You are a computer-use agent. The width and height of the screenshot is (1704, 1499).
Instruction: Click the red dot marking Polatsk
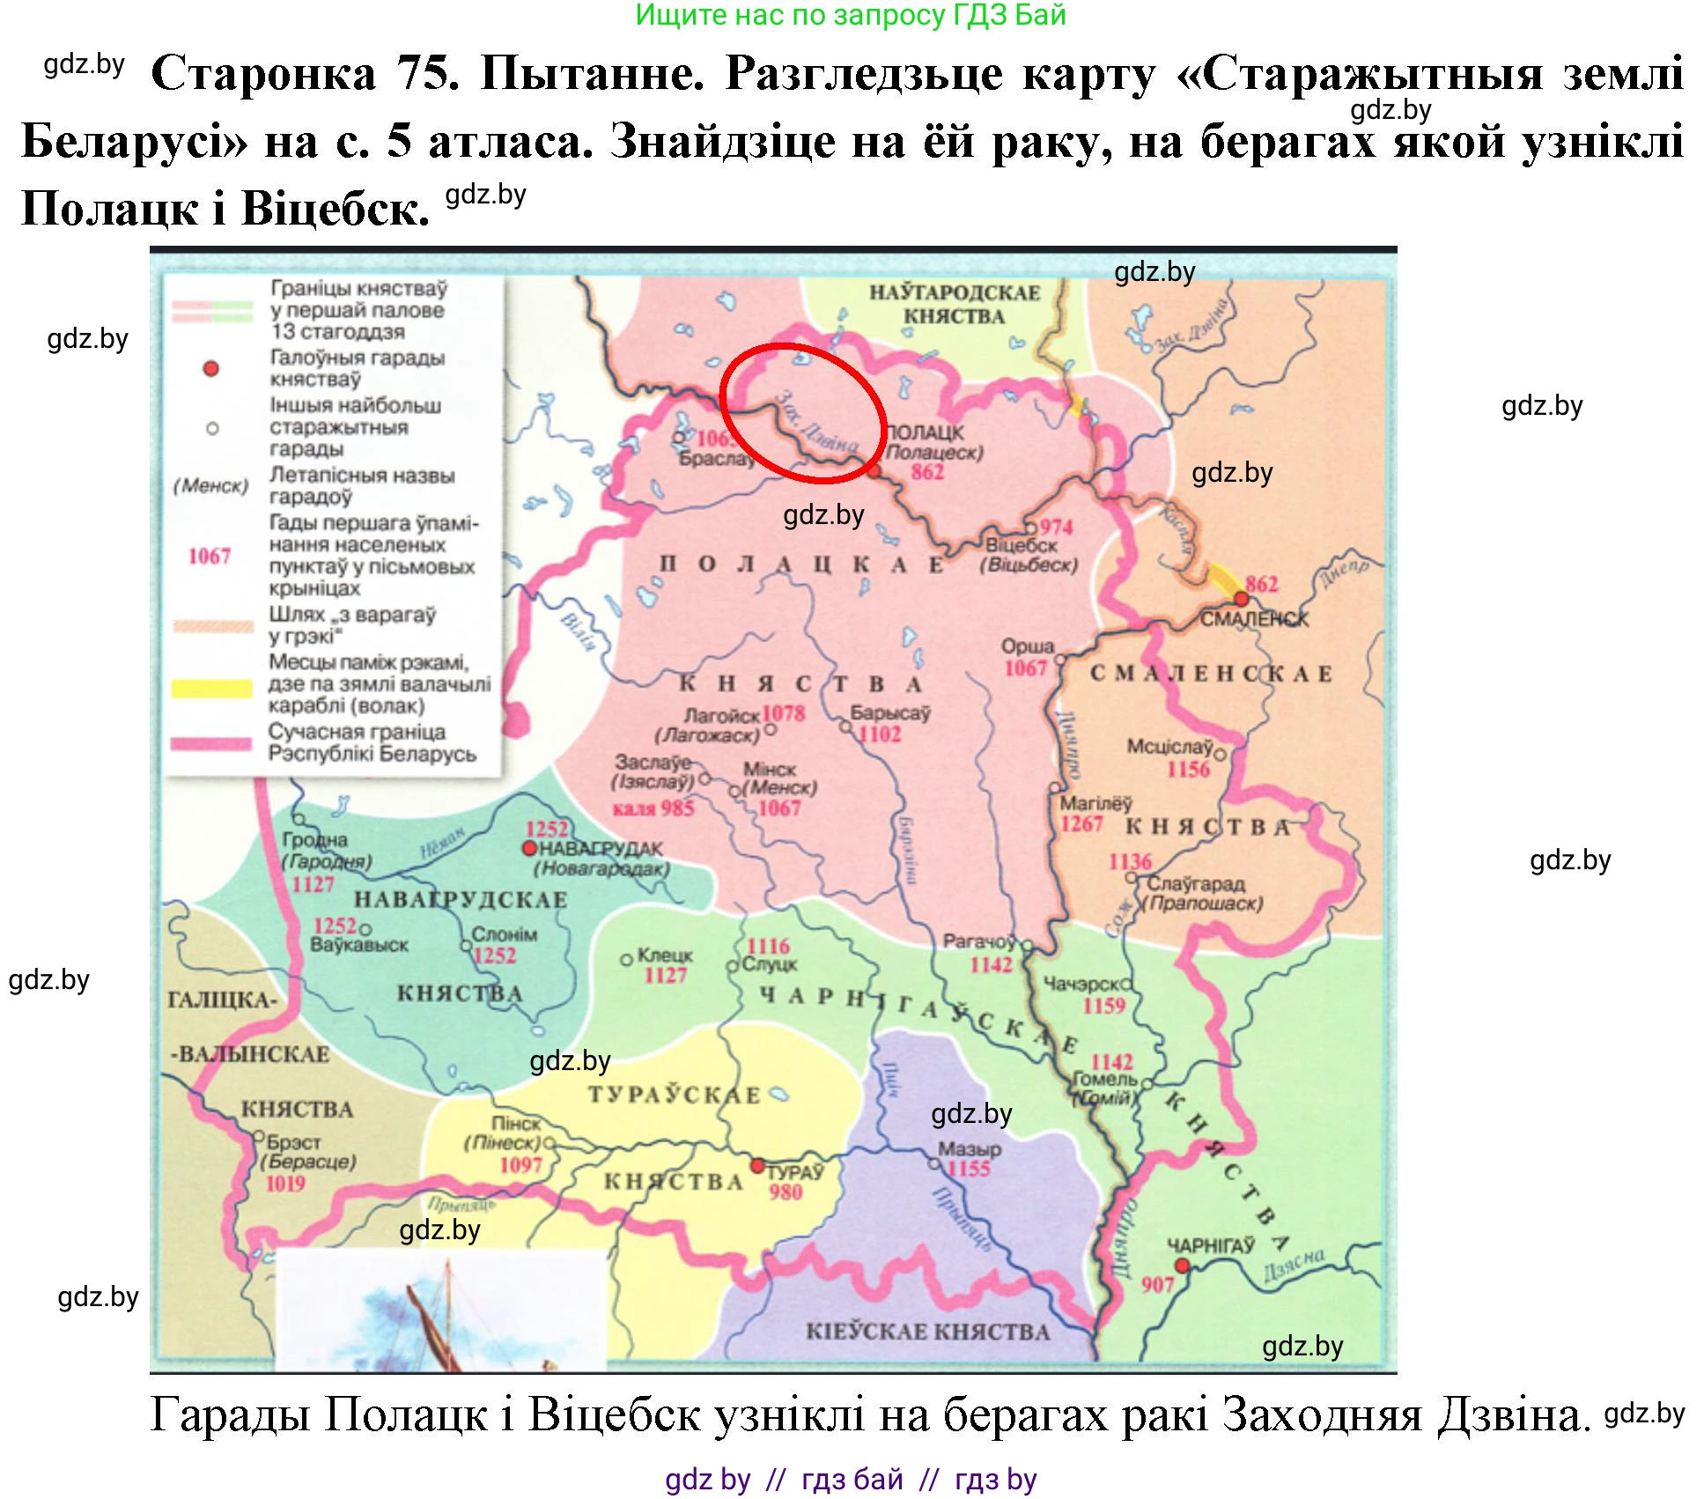(x=874, y=472)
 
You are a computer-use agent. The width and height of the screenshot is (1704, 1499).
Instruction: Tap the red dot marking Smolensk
(x=1241, y=599)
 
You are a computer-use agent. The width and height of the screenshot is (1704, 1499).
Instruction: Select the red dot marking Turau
(x=757, y=1165)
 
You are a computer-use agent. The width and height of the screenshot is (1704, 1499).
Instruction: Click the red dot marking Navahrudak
(x=529, y=848)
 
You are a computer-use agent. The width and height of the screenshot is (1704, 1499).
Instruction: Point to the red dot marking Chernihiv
(x=1183, y=1266)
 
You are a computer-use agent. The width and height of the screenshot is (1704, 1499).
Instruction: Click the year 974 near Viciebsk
(x=1056, y=527)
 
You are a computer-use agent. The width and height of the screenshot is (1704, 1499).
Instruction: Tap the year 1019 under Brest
(x=285, y=1183)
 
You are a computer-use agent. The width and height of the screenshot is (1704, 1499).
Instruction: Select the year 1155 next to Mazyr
(x=969, y=1169)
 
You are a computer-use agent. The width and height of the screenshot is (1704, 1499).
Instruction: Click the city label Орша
(x=1027, y=646)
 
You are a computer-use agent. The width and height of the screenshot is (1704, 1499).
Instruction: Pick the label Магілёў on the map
(x=1095, y=802)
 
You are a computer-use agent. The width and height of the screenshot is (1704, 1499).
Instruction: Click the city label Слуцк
(x=769, y=964)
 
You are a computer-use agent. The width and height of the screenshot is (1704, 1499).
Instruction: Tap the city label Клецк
(x=665, y=955)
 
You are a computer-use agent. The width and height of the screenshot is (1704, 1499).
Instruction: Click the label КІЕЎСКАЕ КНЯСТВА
(x=927, y=1332)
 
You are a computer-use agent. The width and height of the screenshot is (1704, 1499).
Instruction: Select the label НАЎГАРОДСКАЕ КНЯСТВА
(x=954, y=304)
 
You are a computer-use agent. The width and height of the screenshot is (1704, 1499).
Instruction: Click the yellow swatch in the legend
(x=211, y=688)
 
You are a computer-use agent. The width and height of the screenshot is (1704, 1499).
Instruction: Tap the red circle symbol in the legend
(x=210, y=368)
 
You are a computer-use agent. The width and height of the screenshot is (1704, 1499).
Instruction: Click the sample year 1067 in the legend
(x=210, y=556)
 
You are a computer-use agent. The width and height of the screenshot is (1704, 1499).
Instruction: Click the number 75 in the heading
(x=428, y=73)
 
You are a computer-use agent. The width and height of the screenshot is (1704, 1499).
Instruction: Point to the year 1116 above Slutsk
(x=768, y=945)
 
